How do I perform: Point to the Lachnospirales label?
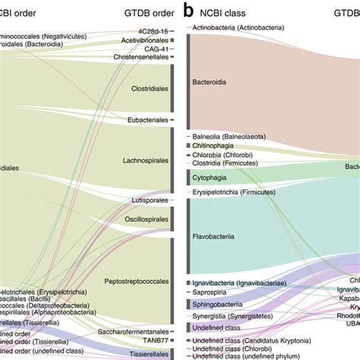tap(145, 160)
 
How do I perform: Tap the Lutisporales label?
tap(150, 201)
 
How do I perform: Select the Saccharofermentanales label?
tap(133, 331)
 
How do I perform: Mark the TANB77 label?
tap(155, 341)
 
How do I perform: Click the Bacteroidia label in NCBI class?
tap(210, 81)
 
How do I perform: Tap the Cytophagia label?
tap(210, 177)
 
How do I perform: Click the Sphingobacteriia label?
tap(217, 303)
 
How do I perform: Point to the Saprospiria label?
tap(210, 292)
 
